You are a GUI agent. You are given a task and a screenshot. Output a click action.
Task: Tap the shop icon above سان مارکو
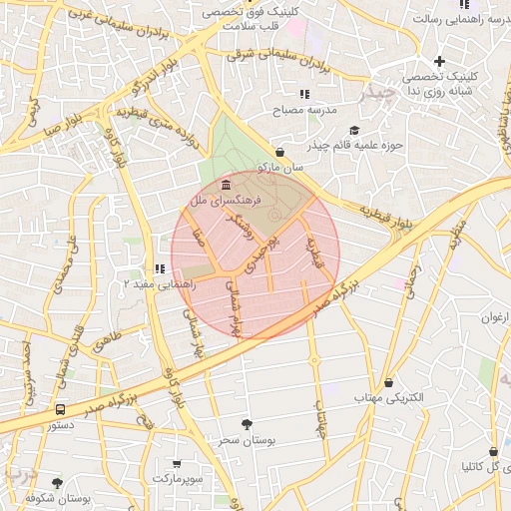279,153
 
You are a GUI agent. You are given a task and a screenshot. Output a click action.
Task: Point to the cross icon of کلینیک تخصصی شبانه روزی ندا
438,62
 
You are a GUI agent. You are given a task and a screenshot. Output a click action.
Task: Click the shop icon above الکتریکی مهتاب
387,382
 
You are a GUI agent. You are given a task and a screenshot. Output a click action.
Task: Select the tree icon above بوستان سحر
246,424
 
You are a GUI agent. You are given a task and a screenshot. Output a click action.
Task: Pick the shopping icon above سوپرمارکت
177,464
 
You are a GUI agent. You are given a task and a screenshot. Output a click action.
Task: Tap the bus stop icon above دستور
62,409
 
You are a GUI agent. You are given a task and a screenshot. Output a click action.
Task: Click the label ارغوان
495,318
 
